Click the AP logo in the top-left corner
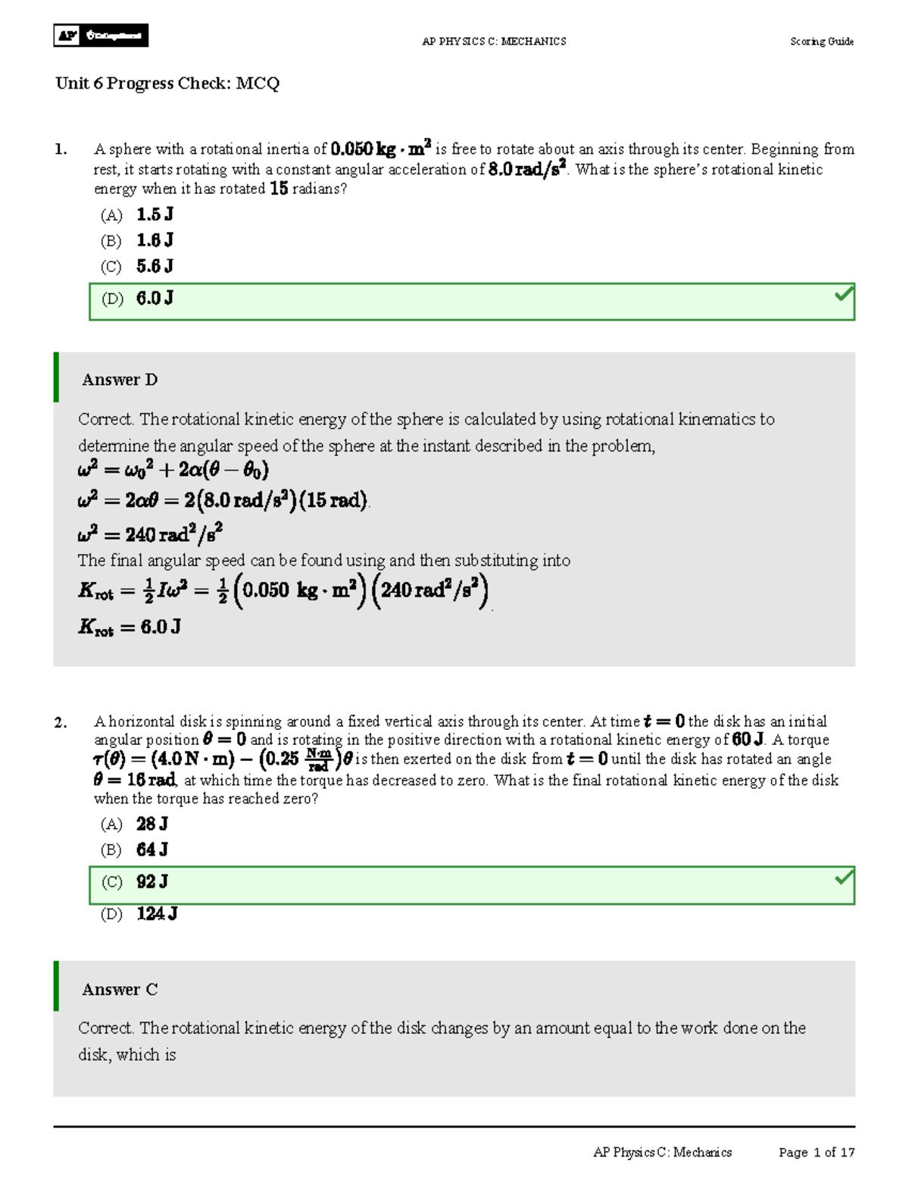(100, 36)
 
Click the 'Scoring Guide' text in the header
(821, 42)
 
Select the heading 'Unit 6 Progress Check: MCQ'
(167, 83)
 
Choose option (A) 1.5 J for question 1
(137, 215)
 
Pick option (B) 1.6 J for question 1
(137, 241)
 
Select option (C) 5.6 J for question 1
(137, 267)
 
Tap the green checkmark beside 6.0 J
(843, 294)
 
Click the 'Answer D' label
(120, 380)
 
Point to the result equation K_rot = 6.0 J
(130, 627)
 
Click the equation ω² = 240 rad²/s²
(150, 534)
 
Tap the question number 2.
(61, 722)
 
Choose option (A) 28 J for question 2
(135, 824)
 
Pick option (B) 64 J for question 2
(135, 850)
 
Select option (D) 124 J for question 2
(139, 914)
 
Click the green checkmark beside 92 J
(843, 878)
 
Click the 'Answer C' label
(120, 989)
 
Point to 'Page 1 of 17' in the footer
(816, 1152)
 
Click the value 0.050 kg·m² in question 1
(381, 149)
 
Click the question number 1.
(61, 149)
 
